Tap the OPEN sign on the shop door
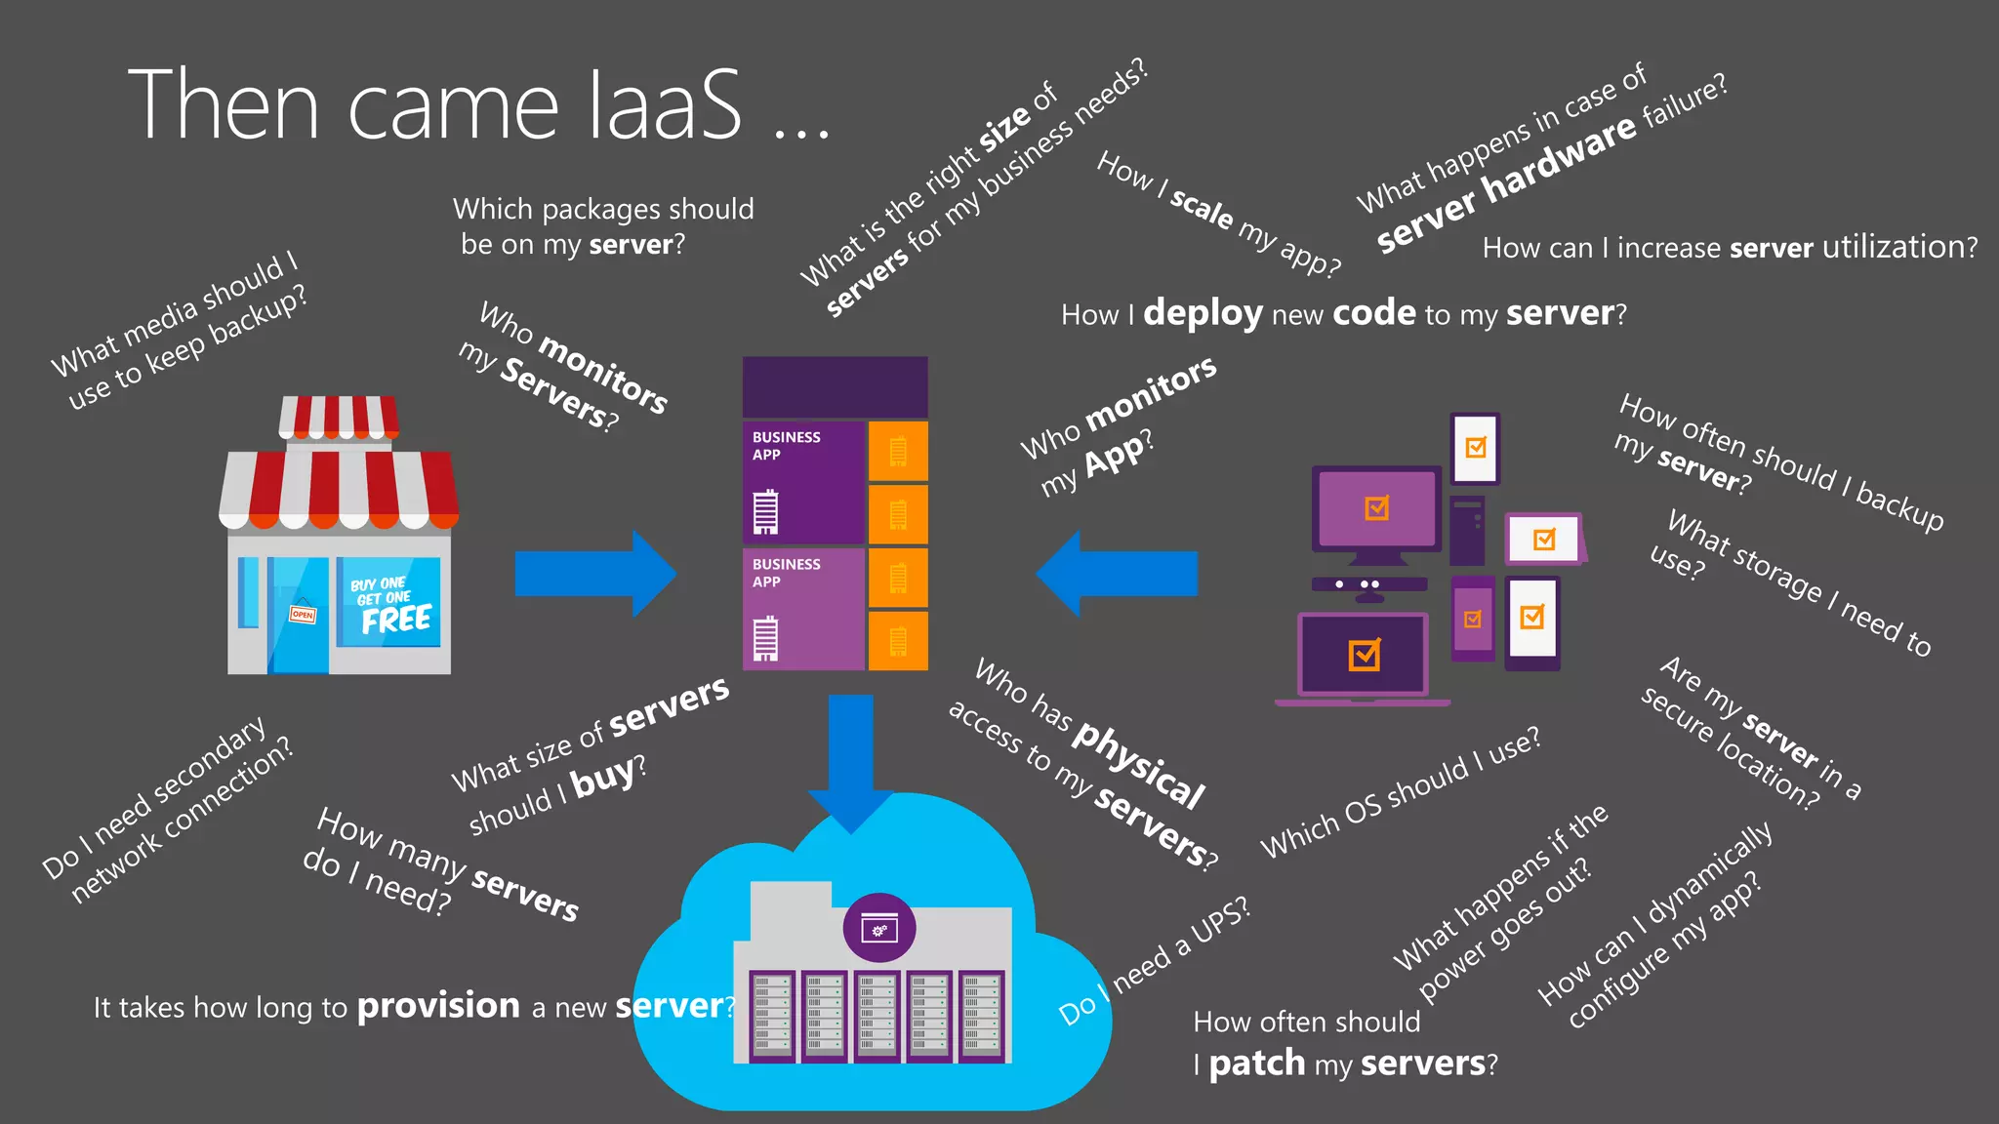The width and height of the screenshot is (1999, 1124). coord(303,614)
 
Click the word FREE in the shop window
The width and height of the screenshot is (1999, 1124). coord(395,620)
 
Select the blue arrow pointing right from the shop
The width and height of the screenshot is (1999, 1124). coord(594,574)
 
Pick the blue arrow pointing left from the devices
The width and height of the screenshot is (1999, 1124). coord(1117,574)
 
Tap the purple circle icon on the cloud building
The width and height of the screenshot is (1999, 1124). coord(878,928)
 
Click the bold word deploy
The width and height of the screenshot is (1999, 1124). coord(1203,313)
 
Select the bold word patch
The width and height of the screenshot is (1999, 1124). coord(1256,1063)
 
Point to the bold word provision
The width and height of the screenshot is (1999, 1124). coord(438,1006)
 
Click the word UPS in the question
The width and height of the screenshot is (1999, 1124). coord(1220,921)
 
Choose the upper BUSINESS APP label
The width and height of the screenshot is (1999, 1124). coord(786,446)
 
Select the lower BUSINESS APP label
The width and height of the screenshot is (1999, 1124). coord(786,573)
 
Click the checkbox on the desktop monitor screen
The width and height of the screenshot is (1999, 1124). coord(1377,508)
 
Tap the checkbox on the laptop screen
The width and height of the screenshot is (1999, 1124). coord(1364,655)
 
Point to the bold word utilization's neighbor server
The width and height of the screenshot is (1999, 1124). coord(1771,248)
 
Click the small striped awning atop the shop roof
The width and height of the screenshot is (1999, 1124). coord(339,417)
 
